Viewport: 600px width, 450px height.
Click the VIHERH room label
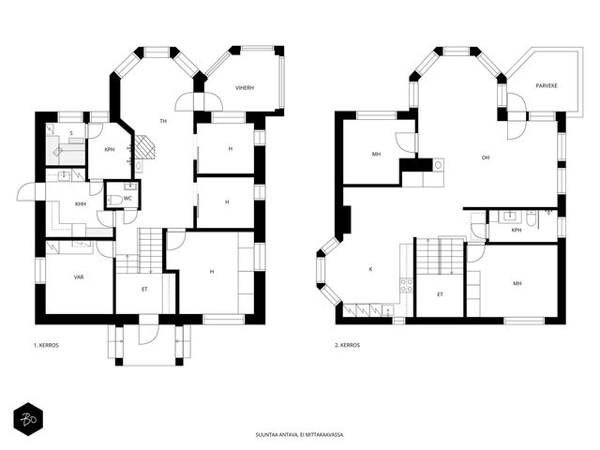[x=245, y=87]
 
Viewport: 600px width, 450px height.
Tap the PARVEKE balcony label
[x=546, y=85]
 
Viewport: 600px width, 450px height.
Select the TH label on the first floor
[x=163, y=121]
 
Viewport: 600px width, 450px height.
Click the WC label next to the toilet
[x=128, y=198]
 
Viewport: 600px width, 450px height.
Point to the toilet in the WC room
[x=114, y=199]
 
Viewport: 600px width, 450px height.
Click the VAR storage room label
[x=79, y=277]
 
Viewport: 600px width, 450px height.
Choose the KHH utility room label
[x=81, y=204]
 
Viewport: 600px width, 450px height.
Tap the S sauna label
[x=71, y=133]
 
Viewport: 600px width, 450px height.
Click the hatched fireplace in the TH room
[x=145, y=146]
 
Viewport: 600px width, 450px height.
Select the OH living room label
[x=486, y=157]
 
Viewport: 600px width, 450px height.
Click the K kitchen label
[x=370, y=269]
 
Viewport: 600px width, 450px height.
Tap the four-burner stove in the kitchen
[x=406, y=285]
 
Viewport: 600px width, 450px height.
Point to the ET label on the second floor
[x=440, y=294]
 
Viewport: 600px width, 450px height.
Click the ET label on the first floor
[x=144, y=290]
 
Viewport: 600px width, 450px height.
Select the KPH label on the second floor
[x=517, y=231]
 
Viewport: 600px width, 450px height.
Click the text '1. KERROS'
[x=46, y=345]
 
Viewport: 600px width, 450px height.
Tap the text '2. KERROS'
[x=348, y=345]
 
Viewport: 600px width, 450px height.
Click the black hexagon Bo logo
[x=28, y=419]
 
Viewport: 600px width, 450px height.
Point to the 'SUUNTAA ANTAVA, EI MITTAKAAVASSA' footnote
[x=300, y=435]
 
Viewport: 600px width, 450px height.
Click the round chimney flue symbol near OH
[x=439, y=165]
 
